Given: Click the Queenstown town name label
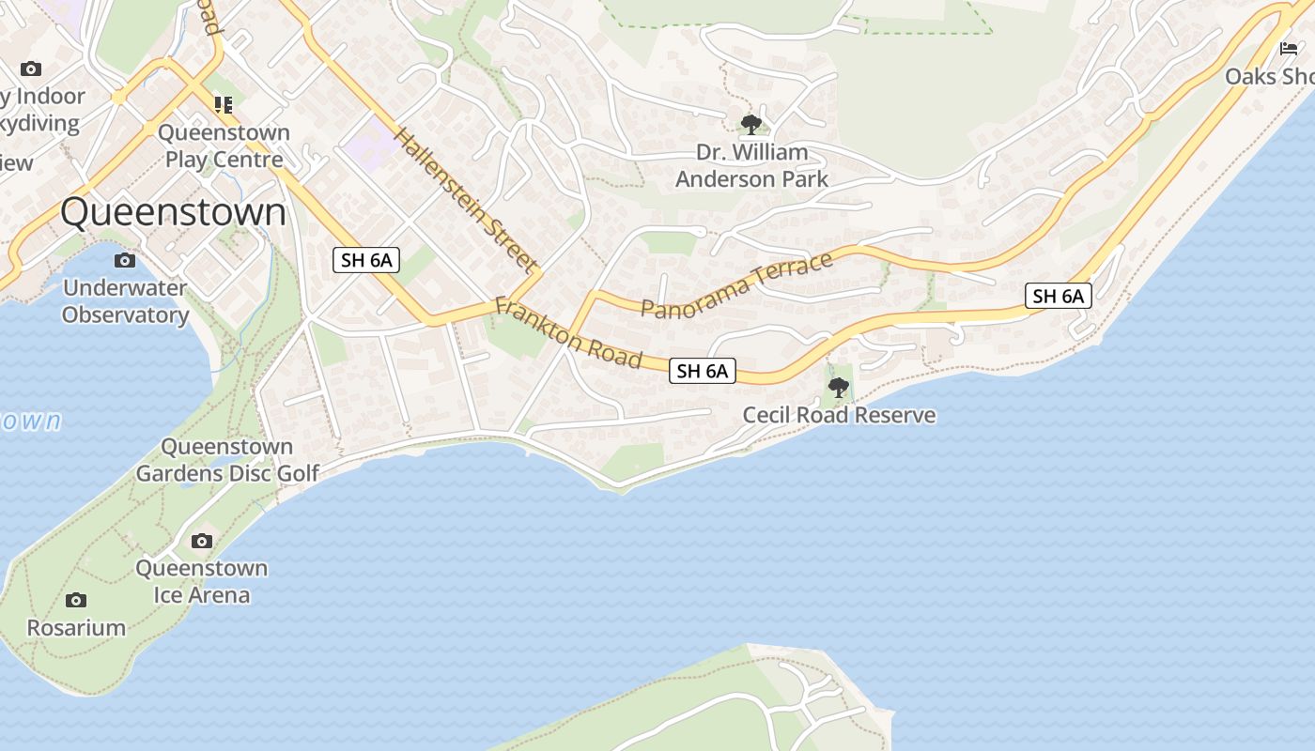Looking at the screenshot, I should [x=173, y=212].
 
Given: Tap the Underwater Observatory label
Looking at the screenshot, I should [x=125, y=301].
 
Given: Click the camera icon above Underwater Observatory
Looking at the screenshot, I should [x=125, y=260].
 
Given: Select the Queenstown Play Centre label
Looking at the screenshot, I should [x=224, y=146].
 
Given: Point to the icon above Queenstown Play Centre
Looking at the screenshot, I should [x=223, y=104].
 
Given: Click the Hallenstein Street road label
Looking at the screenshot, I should [x=465, y=200].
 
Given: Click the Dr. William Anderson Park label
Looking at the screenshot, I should [x=751, y=165].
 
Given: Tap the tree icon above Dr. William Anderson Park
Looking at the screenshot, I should [x=750, y=124].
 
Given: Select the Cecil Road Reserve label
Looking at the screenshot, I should [x=839, y=415].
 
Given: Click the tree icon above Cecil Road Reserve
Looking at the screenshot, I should [x=838, y=387].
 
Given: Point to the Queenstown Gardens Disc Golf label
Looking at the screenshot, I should [x=227, y=460].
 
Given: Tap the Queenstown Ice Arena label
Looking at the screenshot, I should [x=201, y=581].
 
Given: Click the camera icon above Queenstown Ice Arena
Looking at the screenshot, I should [x=201, y=541].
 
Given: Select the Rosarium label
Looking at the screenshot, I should [x=76, y=628].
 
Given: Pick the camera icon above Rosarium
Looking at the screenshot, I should [x=76, y=600].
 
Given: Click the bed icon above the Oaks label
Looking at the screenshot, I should [x=1288, y=48].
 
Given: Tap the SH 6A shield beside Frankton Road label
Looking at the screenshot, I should [x=703, y=371].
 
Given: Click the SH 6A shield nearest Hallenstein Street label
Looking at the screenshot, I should [x=366, y=260].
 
